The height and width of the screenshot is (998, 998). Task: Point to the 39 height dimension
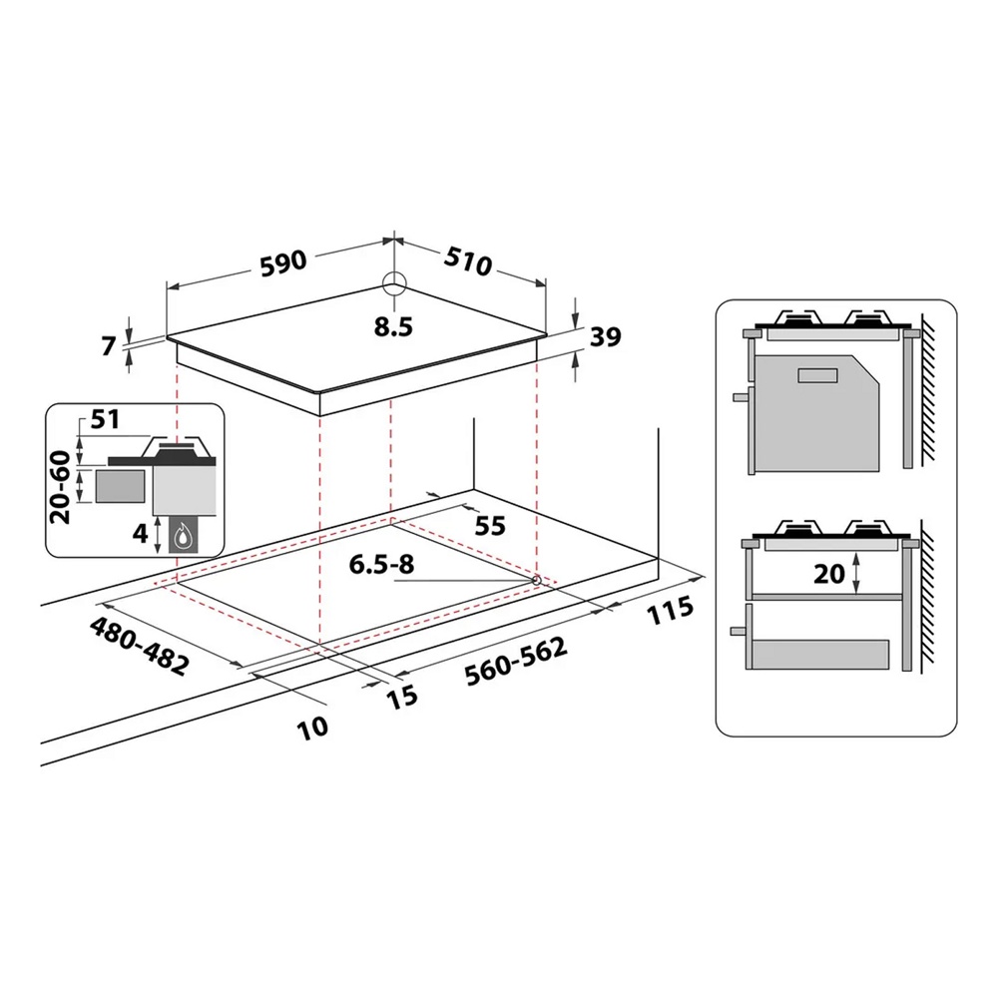pyautogui.click(x=605, y=337)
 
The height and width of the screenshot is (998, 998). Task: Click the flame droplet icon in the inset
pyautogui.click(x=182, y=539)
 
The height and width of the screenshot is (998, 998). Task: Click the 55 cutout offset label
pyautogui.click(x=489, y=525)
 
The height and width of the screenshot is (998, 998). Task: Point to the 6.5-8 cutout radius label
pyautogui.click(x=380, y=564)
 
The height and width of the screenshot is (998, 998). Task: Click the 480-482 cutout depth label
pyautogui.click(x=138, y=647)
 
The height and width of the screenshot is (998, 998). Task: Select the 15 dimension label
pyautogui.click(x=400, y=697)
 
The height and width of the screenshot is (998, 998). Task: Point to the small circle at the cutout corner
pyautogui.click(x=536, y=579)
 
